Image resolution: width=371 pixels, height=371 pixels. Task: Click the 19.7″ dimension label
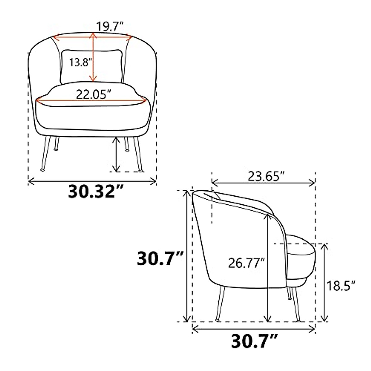pyautogui.click(x=110, y=26)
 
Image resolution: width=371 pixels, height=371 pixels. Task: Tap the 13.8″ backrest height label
pyautogui.click(x=81, y=62)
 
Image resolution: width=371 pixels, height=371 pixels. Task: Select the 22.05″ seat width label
pyautogui.click(x=94, y=94)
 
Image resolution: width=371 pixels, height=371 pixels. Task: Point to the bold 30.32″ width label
pyautogui.click(x=96, y=191)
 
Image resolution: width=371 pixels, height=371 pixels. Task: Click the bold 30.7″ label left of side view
pyautogui.click(x=160, y=258)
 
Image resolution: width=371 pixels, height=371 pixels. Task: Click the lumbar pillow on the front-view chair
pyautogui.click(x=92, y=66)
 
